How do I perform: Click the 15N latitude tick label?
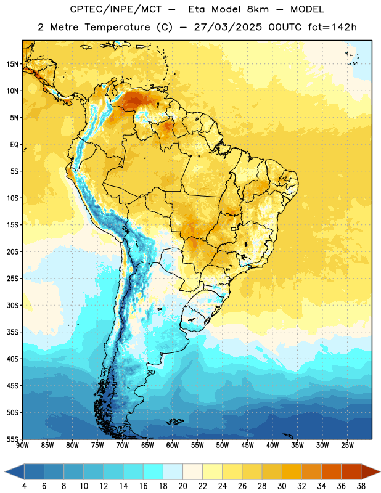(12, 64)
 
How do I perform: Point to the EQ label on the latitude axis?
(14, 145)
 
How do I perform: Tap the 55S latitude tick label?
(12, 439)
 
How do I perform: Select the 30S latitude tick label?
(12, 305)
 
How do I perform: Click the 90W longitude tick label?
(23, 446)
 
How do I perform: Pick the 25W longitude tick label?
(347, 446)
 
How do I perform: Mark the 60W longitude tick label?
(173, 446)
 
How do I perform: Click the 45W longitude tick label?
(247, 446)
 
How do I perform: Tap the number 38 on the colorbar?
(361, 486)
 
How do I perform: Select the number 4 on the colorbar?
(24, 486)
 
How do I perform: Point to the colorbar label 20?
(182, 486)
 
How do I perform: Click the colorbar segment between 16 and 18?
(154, 472)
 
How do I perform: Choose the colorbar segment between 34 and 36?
(332, 472)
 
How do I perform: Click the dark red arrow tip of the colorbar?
(371, 472)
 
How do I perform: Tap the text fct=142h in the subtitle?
(332, 27)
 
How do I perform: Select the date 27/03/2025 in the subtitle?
(227, 27)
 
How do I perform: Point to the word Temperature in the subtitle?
(117, 28)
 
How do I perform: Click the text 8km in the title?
(258, 9)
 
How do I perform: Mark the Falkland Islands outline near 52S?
(175, 422)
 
